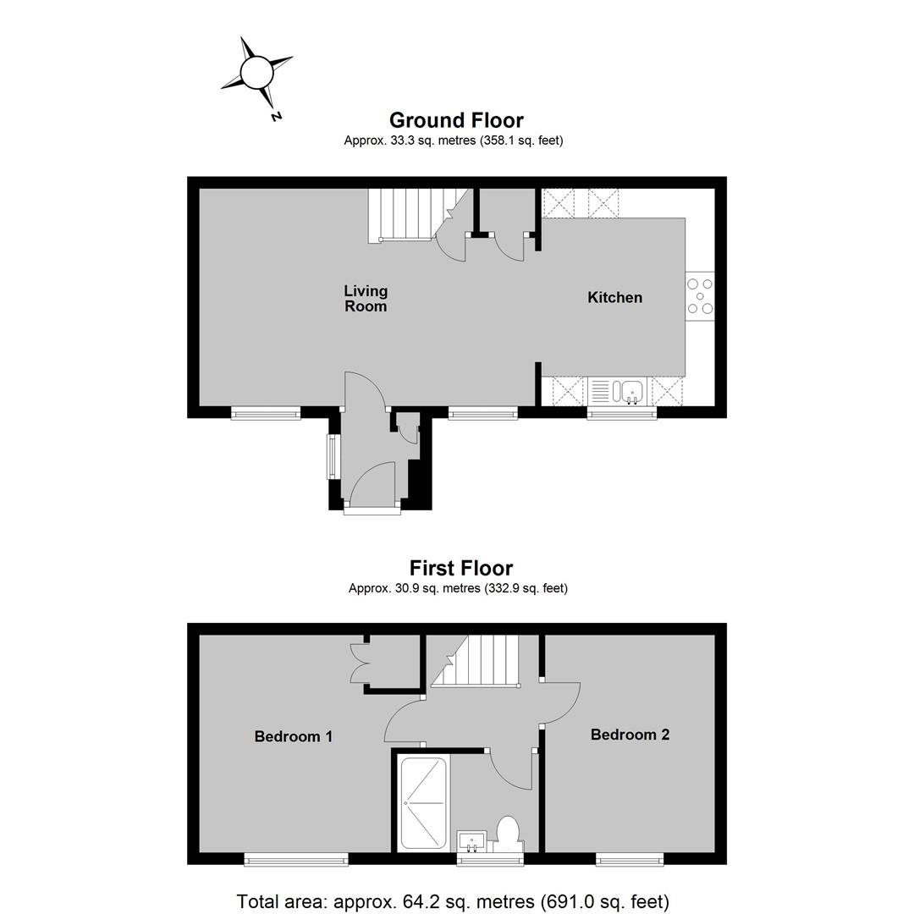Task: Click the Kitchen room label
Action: (614, 297)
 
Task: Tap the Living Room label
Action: (366, 299)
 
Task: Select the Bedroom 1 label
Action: (293, 736)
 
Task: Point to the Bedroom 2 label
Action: (630, 735)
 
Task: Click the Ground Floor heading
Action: (456, 120)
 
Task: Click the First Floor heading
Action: (461, 568)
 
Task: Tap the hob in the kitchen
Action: (700, 296)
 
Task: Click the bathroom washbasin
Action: (471, 841)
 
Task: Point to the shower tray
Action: (423, 801)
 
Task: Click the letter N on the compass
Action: (276, 117)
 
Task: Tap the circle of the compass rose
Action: (256, 72)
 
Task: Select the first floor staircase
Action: (476, 660)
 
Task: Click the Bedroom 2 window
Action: (630, 859)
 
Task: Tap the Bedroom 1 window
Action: (296, 859)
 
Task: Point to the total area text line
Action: (453, 901)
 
